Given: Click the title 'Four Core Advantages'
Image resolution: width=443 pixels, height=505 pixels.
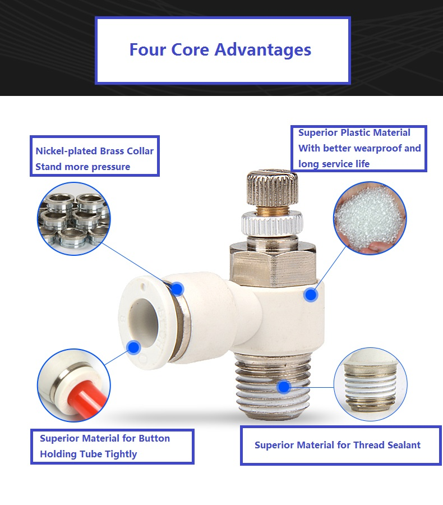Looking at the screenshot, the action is coord(220,50).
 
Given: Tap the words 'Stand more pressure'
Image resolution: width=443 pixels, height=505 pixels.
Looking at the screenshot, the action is coord(83,167).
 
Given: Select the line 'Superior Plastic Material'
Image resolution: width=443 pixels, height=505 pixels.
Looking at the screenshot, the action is coord(354,132).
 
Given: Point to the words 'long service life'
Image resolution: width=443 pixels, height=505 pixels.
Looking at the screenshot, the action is coord(334,164).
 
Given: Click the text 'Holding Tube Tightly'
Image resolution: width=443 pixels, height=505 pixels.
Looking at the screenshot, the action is coord(89,454).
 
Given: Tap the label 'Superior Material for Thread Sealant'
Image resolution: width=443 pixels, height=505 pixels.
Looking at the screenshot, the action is coord(338,445).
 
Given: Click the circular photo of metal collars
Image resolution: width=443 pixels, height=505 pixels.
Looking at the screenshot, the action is coord(74,219).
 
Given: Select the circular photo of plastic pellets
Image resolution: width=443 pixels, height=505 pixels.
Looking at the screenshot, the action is coord(370,218).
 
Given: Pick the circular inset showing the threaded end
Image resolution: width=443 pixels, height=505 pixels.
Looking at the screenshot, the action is coord(371,384).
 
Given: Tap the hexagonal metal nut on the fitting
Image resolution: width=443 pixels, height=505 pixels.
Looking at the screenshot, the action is coord(273,265).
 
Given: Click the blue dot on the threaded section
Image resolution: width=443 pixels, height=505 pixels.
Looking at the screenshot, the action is coord(284,387).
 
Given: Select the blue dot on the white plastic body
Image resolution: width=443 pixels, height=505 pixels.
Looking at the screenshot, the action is coord(311,295).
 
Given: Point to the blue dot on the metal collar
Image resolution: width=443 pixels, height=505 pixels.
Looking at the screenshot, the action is coord(177,288).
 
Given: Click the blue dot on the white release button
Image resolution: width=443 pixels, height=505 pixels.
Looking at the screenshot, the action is coord(133,347).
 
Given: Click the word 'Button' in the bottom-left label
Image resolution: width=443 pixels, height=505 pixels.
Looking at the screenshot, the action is coord(154,438).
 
